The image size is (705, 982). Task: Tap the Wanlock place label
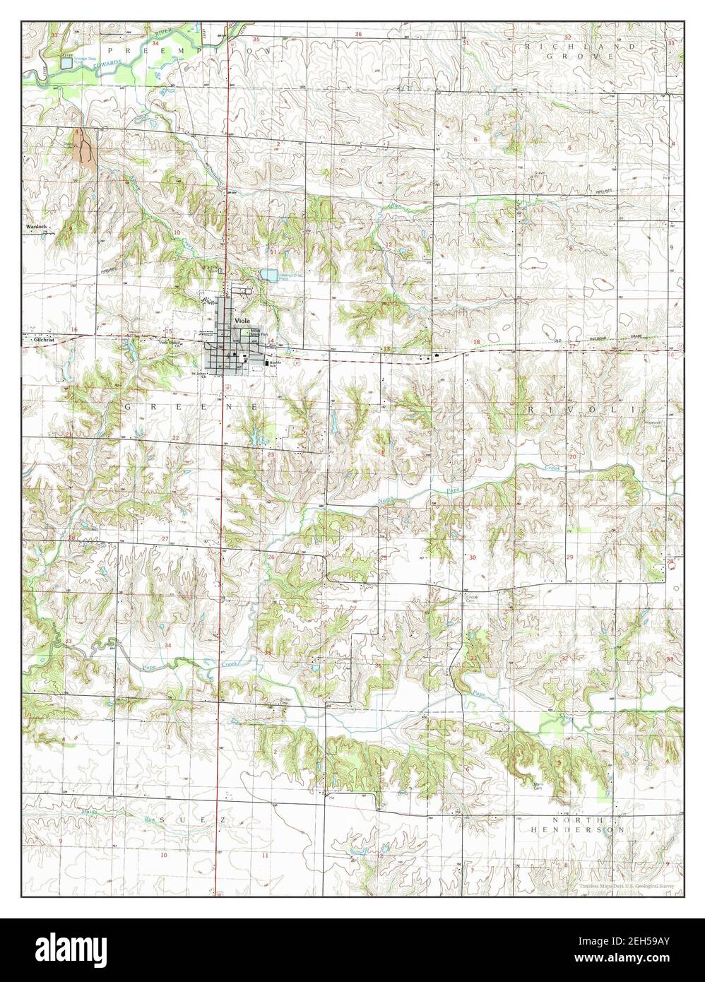coord(36,227)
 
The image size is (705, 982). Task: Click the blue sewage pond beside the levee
coord(66,62)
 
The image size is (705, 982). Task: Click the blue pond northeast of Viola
coord(268,274)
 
